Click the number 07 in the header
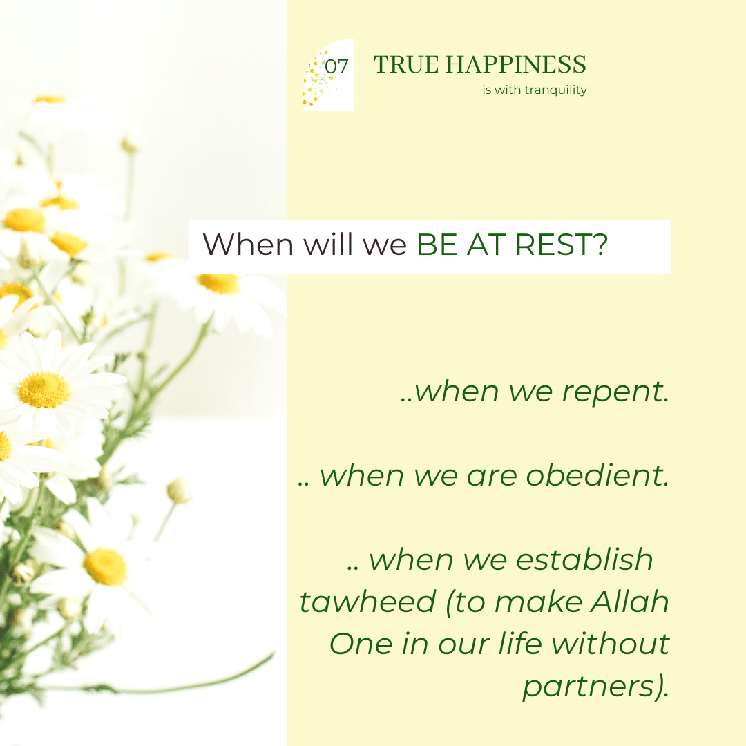click(x=337, y=66)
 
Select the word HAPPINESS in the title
click(x=516, y=65)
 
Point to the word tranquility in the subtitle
click(x=555, y=90)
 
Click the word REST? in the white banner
click(x=562, y=245)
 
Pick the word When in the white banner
click(x=248, y=245)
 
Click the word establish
click(x=585, y=559)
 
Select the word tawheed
click(x=367, y=602)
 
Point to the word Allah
click(x=630, y=601)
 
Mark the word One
click(x=361, y=644)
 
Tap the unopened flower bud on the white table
click(x=180, y=491)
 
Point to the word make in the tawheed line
click(x=539, y=602)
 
